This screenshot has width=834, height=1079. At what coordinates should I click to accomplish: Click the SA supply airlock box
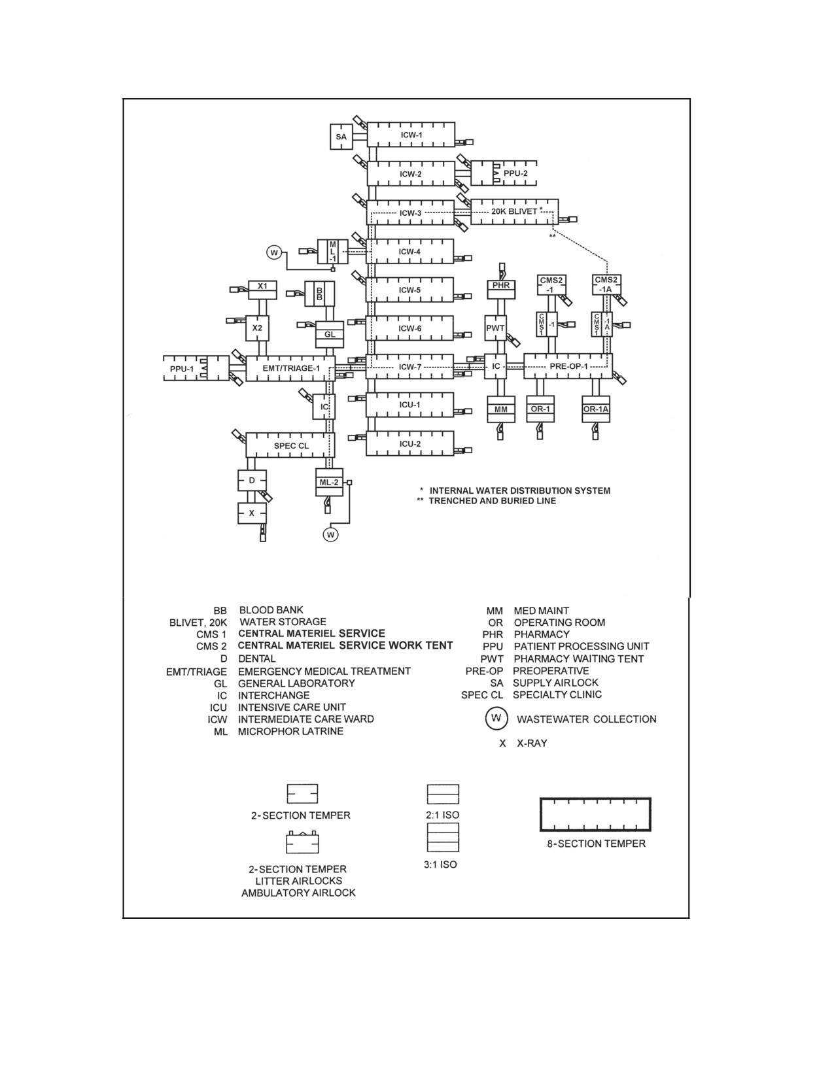point(341,137)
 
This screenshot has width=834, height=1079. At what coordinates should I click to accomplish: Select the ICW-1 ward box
point(411,135)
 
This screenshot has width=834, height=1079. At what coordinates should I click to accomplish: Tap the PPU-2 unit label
point(515,173)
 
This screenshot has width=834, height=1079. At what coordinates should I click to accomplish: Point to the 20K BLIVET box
point(514,211)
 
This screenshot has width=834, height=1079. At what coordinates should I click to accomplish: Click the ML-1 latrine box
point(332,252)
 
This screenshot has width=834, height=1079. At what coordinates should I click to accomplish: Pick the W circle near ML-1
point(273,252)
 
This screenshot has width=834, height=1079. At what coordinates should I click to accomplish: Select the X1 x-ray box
point(262,290)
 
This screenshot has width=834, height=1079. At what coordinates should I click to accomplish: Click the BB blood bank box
point(319,294)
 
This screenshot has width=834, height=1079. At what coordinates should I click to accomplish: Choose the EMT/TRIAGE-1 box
point(290,368)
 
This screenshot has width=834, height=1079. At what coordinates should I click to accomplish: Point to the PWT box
point(495,328)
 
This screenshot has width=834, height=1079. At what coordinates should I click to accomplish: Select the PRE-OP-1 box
point(568,366)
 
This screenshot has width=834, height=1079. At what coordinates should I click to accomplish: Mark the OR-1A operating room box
point(596,409)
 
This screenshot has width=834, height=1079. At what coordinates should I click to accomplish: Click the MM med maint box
point(500,409)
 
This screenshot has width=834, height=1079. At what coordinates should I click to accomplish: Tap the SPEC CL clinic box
point(290,445)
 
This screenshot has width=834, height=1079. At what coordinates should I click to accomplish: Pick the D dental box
point(252,480)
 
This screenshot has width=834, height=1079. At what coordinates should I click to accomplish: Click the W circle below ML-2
point(330,534)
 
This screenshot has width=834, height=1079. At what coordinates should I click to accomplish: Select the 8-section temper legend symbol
point(595,814)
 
